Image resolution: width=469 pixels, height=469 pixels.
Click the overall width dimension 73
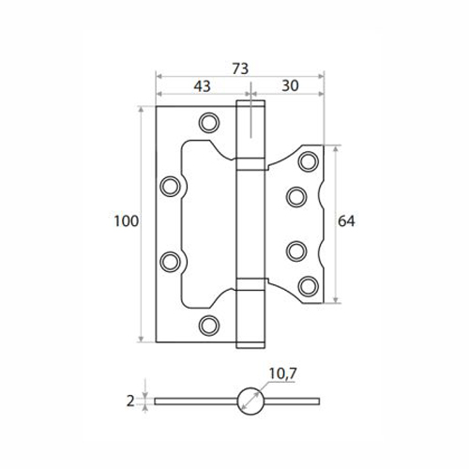click(x=240, y=68)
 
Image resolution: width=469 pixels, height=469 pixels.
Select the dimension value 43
click(x=202, y=86)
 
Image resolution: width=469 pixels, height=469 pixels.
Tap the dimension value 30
click(x=290, y=85)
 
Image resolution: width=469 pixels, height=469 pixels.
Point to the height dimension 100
click(x=126, y=221)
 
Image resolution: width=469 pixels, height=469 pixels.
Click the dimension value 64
click(x=346, y=221)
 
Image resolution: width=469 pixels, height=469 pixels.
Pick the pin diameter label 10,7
click(x=282, y=373)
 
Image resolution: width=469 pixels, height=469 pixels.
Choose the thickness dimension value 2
click(x=130, y=401)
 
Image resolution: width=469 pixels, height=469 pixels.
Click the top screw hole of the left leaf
click(x=209, y=123)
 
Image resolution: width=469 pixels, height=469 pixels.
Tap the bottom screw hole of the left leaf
click(x=209, y=325)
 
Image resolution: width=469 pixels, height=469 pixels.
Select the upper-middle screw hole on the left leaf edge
click(x=170, y=187)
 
